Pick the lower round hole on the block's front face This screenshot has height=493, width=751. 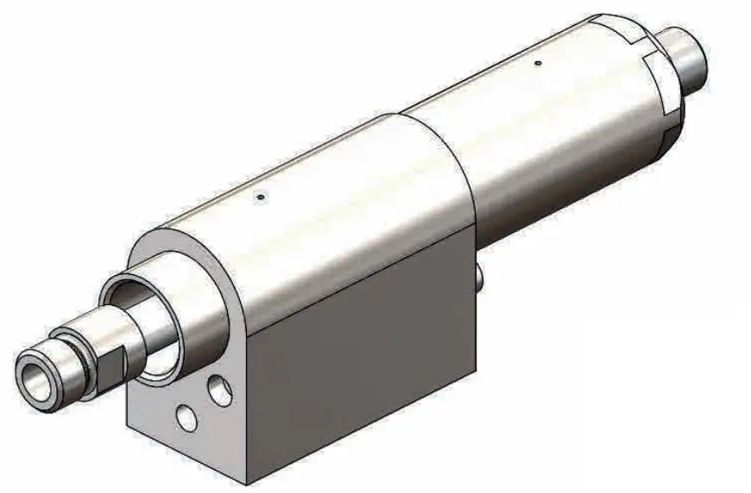pos(184,418)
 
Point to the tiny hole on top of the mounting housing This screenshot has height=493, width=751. pos(260,197)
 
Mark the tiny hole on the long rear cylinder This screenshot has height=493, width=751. pos(538,62)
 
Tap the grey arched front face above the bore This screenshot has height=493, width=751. pos(164,250)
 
